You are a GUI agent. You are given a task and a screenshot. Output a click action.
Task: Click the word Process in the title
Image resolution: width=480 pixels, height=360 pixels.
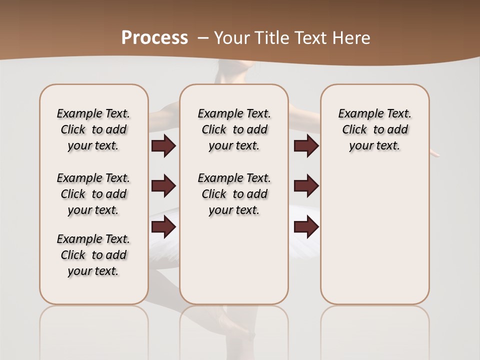coord(154,38)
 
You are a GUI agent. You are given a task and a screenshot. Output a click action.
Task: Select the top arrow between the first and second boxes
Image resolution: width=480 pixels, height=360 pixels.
coord(163,146)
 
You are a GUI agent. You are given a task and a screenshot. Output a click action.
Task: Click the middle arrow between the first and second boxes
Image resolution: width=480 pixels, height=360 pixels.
coord(163,186)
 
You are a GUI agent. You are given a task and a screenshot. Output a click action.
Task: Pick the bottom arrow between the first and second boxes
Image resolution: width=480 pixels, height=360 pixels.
coord(163,227)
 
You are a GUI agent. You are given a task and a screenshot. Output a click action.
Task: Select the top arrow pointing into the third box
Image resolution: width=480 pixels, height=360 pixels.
coord(306,146)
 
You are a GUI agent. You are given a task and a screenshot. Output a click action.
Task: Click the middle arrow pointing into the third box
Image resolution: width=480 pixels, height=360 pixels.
coord(306,186)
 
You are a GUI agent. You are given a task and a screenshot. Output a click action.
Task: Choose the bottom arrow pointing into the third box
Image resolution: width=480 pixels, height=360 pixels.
coord(306,227)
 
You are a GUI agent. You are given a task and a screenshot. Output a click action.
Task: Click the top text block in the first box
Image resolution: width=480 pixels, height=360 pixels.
coord(93,129)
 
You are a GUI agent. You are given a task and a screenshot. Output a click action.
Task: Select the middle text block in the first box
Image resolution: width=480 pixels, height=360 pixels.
coord(93,194)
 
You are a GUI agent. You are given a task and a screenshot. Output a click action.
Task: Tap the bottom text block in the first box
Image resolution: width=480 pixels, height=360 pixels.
coord(93,255)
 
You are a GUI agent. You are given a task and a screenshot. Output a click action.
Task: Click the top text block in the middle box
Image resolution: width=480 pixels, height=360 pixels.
coord(234,129)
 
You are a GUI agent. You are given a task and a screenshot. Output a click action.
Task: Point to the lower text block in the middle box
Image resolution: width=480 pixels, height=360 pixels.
coord(234,194)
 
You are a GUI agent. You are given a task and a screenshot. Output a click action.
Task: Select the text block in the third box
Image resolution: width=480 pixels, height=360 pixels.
coord(374,129)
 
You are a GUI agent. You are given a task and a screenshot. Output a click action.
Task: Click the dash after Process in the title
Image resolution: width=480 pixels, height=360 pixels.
coord(203,38)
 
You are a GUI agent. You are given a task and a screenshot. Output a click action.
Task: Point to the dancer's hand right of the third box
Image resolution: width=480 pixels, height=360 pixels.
coord(435,154)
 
